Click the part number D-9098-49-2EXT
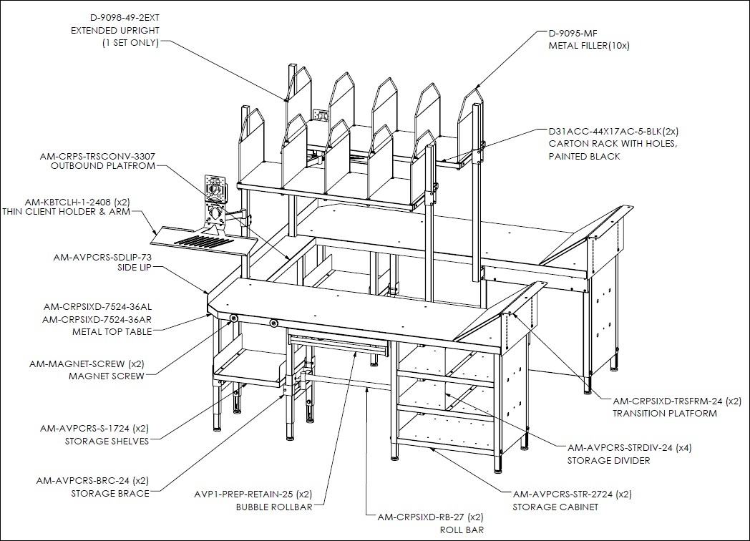coord(125,18)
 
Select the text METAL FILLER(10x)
coord(589,46)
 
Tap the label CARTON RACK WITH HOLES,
coord(613,144)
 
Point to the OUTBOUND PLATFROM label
coord(103,166)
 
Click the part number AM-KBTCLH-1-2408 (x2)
coord(77,202)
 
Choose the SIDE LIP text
coord(135,268)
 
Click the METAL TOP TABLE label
coord(112,331)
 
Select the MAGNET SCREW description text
coord(106,376)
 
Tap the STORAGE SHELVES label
coord(107,441)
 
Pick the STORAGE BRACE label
coord(110,493)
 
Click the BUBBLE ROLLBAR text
coord(274,507)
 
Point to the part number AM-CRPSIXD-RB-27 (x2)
coord(431,517)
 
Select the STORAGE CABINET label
coord(555,507)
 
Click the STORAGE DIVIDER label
coord(609,461)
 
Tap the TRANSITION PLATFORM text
coord(665,414)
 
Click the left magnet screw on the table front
coord(234,318)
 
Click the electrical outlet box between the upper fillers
coord(319,115)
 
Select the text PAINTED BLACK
coord(585,157)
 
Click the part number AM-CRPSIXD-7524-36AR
coord(97,319)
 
